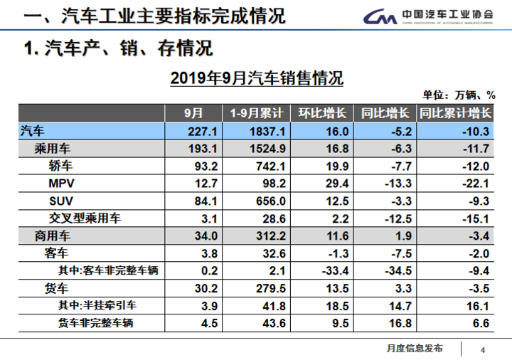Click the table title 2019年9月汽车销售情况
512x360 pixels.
click(257, 78)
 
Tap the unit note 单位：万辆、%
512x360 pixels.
click(459, 96)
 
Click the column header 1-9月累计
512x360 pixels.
click(257, 113)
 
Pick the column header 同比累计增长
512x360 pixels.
click(455, 113)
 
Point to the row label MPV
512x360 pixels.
click(61, 184)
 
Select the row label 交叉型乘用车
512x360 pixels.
click(85, 218)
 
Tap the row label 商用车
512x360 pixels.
click(53, 235)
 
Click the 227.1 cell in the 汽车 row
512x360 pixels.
click(188, 132)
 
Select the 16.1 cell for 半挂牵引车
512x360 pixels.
click(477, 305)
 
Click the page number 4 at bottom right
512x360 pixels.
click(483, 349)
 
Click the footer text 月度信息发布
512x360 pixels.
click(415, 348)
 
